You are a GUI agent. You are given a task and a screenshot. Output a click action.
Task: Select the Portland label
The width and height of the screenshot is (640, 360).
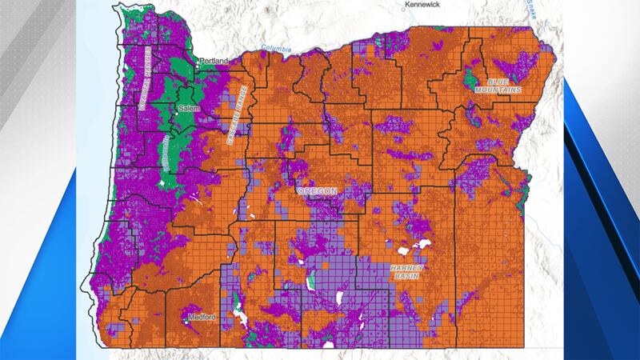214,61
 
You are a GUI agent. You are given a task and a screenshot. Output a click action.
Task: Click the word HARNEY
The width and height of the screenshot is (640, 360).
406,267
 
